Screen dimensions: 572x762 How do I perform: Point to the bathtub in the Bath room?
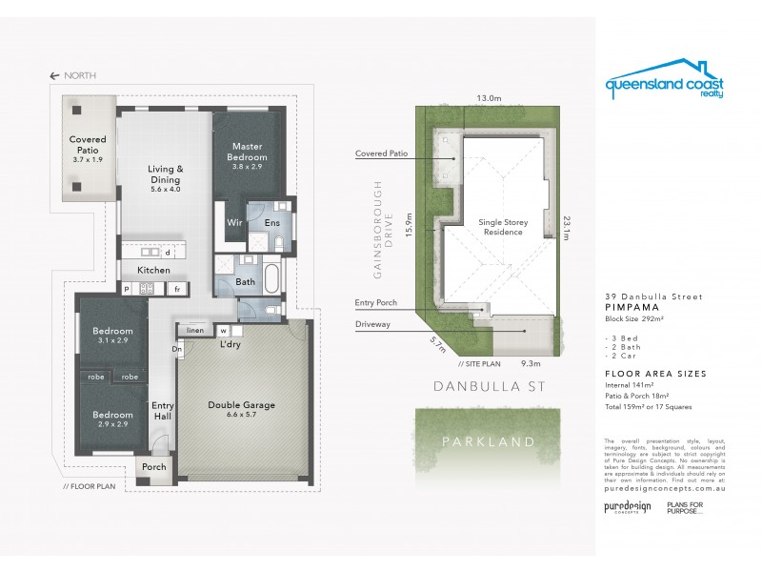point(271,281)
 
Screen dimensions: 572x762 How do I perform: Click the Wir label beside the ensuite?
point(232,222)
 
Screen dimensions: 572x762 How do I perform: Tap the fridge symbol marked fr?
point(177,288)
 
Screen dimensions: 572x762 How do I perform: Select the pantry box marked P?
point(126,288)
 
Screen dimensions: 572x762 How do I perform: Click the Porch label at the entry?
point(153,467)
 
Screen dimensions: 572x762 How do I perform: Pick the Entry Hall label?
point(163,411)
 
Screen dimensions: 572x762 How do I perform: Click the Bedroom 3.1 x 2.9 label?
point(112,336)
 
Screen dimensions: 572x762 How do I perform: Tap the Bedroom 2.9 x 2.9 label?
point(112,420)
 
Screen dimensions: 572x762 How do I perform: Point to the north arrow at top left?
point(55,75)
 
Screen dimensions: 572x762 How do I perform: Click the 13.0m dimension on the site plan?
point(489,97)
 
